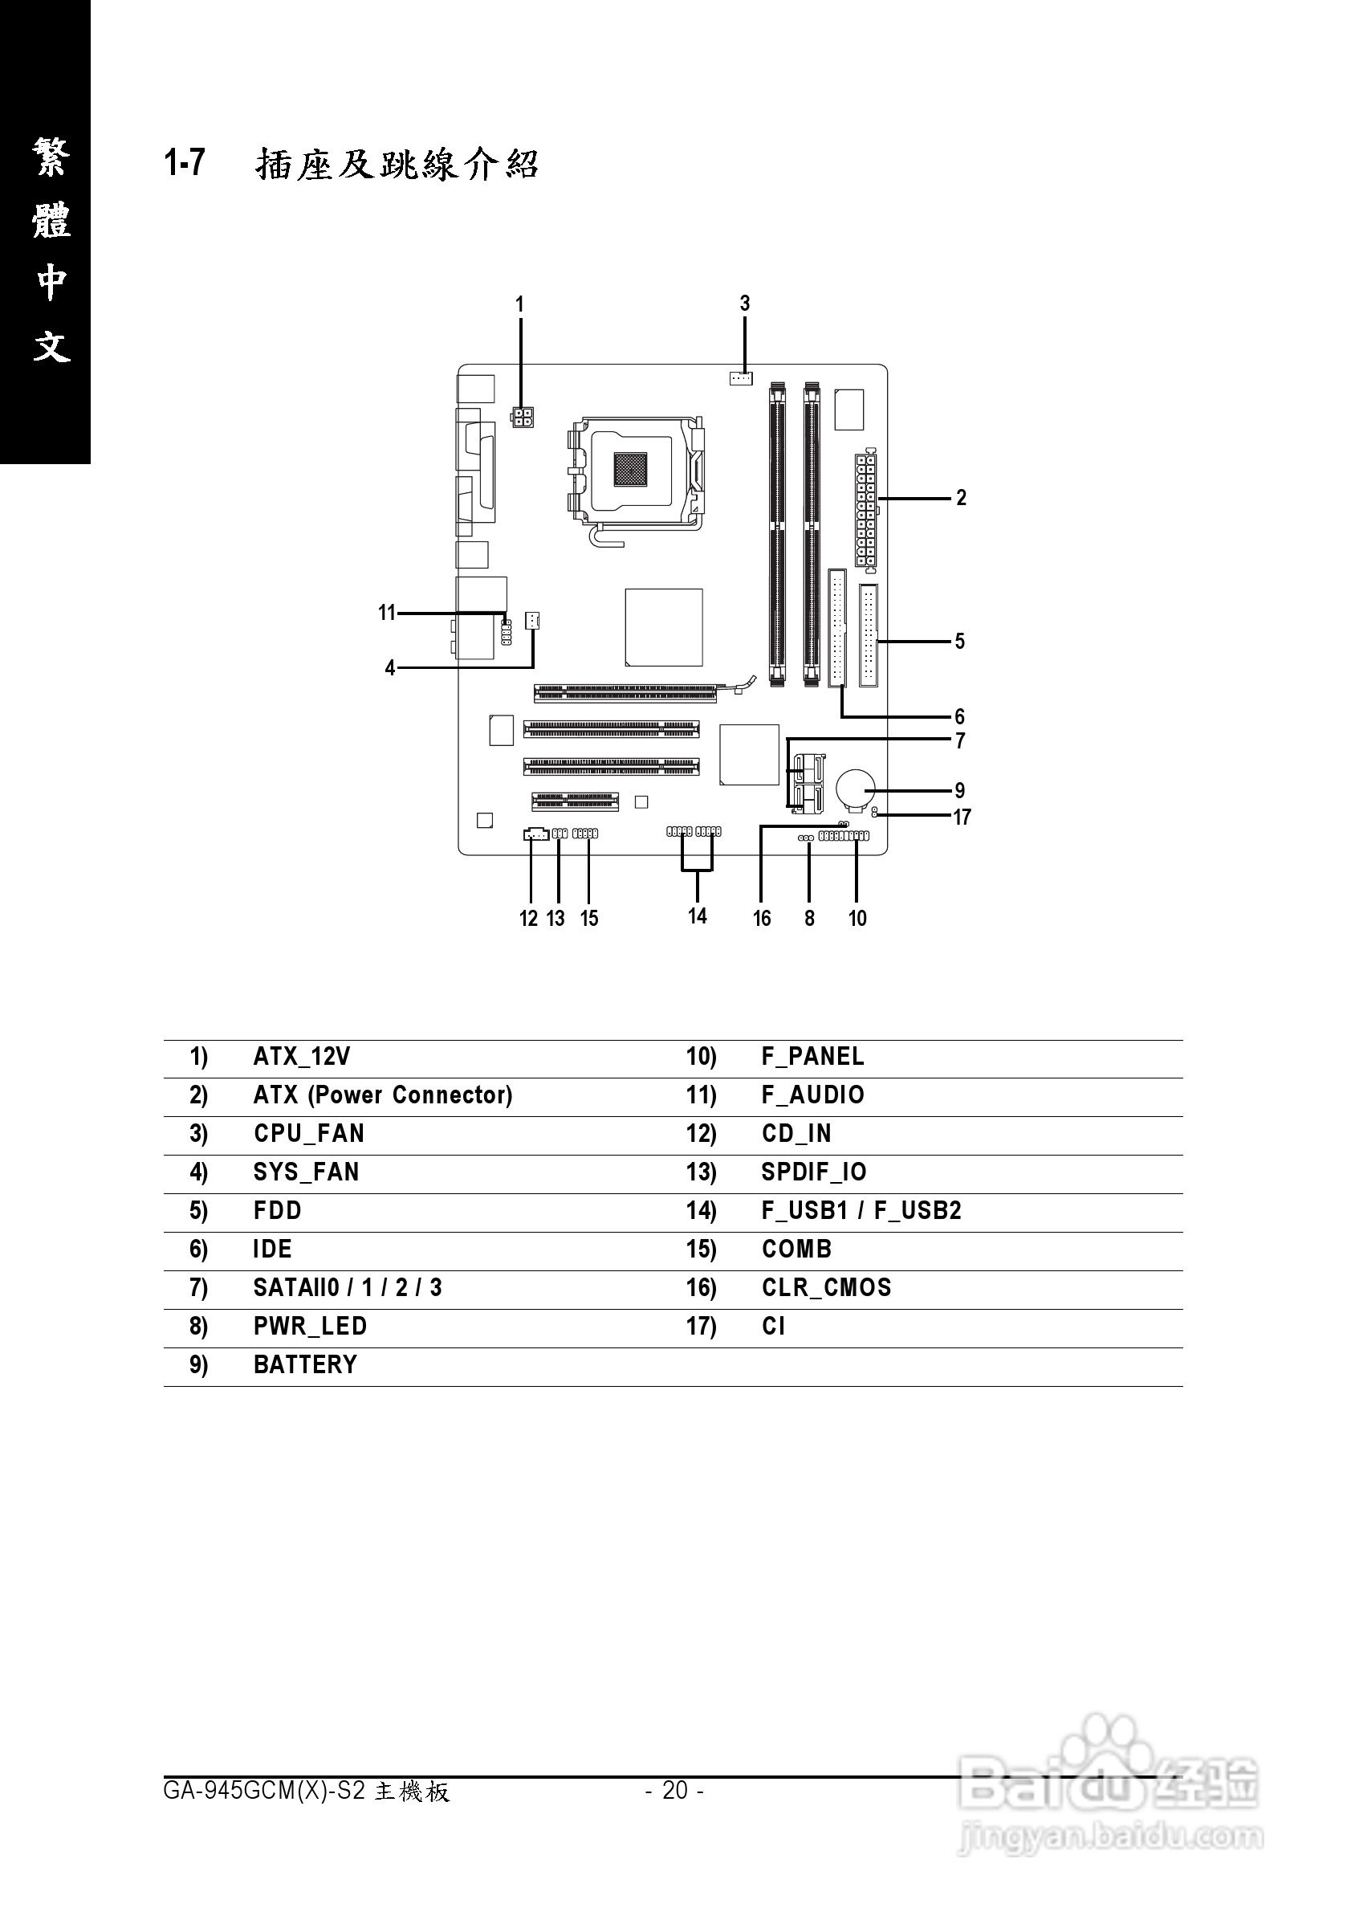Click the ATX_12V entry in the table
pos(301,1057)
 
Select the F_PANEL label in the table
pos(812,1057)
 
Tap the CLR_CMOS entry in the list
pos(826,1287)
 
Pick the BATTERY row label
pos(305,1365)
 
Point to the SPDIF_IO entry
pos(813,1172)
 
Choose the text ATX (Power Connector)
pos(383,1095)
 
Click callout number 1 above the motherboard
pos(520,305)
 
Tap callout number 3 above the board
pos(745,304)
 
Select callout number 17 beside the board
pos(962,817)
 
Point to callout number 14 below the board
pos(698,916)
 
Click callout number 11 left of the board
pos(386,613)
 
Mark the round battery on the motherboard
pos(856,787)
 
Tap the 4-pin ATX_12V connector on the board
pos(523,417)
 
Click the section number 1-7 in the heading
pos(185,162)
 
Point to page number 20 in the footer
pos(675,1790)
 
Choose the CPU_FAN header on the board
pos(740,378)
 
